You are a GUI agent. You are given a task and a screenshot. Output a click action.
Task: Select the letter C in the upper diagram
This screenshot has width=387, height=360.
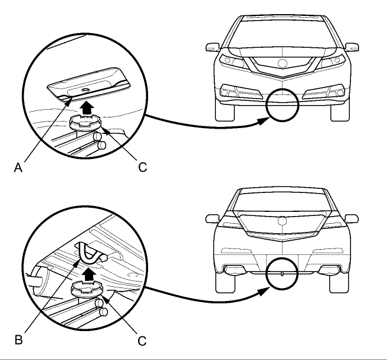point(142,167)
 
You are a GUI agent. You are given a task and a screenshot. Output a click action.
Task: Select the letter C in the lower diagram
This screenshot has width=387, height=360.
point(142,341)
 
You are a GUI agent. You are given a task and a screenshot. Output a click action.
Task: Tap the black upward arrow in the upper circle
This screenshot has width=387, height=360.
point(88,108)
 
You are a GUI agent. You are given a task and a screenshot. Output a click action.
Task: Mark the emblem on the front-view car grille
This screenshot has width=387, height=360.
point(283,63)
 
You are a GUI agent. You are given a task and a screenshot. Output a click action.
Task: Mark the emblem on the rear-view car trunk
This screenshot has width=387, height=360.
point(283,221)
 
